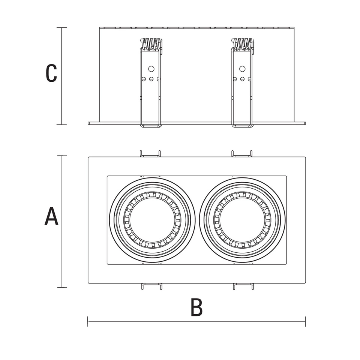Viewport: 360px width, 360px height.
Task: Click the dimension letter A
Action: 51,217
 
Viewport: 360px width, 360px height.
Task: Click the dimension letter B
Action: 196,307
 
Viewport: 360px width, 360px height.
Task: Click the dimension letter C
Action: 51,73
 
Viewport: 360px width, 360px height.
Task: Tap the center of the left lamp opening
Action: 152,220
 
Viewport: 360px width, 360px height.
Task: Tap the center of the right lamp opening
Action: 243,220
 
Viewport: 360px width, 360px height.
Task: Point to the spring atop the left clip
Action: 151,44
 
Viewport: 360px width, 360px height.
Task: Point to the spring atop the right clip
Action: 243,44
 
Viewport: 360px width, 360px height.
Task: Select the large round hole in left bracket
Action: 151,69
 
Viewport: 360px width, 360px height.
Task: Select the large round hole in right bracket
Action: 242,69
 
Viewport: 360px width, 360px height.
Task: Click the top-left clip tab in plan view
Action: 150,154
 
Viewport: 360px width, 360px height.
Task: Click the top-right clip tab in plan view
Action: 242,154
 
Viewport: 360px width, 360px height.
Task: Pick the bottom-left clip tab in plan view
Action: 151,286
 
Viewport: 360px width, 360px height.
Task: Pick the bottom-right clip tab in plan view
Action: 243,286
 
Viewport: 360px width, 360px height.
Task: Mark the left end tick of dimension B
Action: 88,321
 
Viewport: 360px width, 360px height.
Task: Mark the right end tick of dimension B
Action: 305,321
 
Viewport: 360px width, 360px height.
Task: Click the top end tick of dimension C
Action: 62,28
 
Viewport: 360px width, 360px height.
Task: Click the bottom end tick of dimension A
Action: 62,288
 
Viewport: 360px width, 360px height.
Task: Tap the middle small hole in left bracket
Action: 151,79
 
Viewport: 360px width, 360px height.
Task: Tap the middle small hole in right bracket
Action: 242,79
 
